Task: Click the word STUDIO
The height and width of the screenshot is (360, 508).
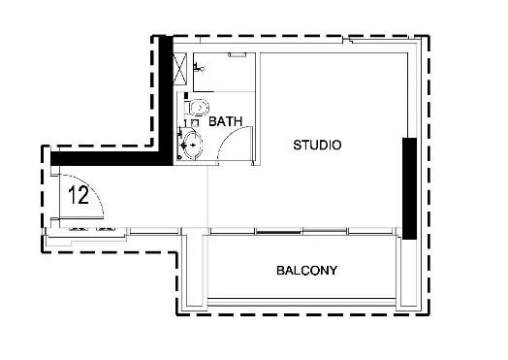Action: point(317,146)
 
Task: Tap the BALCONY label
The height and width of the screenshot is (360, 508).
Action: point(306,271)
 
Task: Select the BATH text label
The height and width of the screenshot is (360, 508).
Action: point(225,121)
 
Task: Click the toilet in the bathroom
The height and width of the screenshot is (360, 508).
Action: point(198,107)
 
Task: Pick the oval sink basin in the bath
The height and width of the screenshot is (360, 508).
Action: point(194,147)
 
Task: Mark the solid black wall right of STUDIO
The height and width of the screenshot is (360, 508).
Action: point(410,188)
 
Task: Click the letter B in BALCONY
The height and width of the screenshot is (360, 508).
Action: point(280,271)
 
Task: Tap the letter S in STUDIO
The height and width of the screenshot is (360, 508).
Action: point(298,146)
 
